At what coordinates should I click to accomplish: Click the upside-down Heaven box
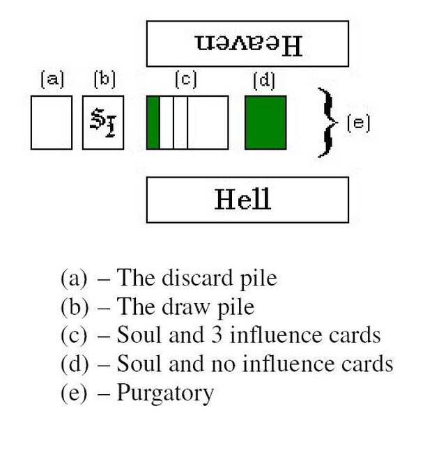[247, 44]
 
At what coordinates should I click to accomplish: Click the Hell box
[247, 200]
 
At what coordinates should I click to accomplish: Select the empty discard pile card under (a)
[52, 123]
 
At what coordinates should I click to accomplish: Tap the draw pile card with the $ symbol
[103, 123]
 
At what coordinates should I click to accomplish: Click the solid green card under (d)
[265, 123]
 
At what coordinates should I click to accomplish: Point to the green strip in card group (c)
[153, 123]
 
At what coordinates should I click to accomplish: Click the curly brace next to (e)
[324, 122]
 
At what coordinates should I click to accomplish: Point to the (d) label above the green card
[264, 81]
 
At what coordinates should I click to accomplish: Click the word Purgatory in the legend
[165, 393]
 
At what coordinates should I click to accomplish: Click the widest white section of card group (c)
[208, 123]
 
